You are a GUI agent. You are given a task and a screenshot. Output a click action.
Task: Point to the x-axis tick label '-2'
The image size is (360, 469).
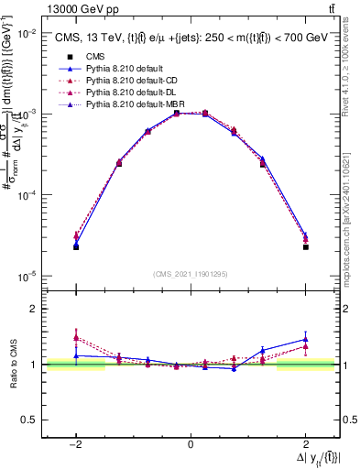75,443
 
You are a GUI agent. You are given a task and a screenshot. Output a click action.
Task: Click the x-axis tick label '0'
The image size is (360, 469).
191,443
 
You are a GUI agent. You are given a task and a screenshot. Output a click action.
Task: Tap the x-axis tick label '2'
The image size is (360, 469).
305,443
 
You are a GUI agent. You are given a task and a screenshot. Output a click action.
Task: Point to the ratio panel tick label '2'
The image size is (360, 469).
33,310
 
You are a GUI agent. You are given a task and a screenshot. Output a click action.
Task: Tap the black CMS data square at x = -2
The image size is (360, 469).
76,247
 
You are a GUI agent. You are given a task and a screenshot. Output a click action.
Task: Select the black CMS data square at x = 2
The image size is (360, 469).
305,247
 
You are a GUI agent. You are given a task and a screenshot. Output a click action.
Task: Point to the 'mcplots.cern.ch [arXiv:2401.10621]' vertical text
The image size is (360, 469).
349,211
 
